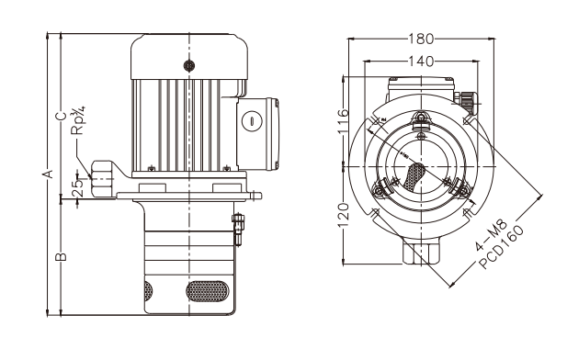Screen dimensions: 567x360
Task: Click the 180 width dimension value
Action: pyautogui.click(x=421, y=39)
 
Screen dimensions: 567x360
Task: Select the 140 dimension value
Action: pyautogui.click(x=421, y=62)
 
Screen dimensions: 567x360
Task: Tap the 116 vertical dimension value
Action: pyautogui.click(x=343, y=120)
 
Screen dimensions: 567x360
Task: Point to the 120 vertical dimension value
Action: pyautogui.click(x=343, y=216)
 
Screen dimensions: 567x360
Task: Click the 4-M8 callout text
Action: pyautogui.click(x=492, y=234)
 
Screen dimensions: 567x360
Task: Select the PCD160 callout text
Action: pyautogui.click(x=501, y=247)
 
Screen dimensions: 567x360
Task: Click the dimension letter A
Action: pyautogui.click(x=48, y=174)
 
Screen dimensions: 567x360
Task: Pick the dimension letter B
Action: pyautogui.click(x=62, y=256)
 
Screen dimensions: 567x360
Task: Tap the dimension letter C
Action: pyautogui.click(x=62, y=116)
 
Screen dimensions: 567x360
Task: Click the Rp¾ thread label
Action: pyautogui.click(x=78, y=120)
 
